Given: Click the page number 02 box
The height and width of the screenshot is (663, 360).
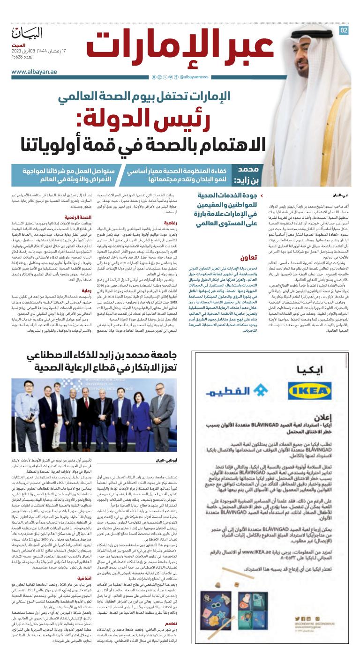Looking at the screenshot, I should click(x=344, y=30).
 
